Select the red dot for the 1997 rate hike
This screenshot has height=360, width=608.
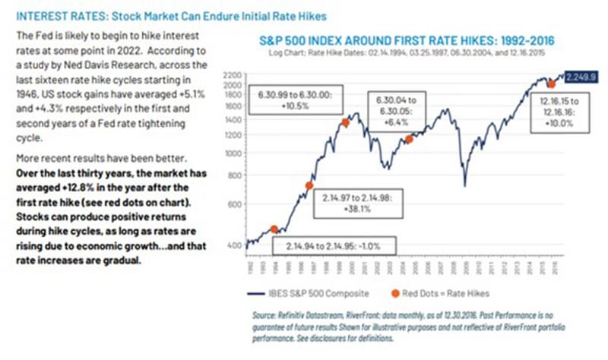[309, 185]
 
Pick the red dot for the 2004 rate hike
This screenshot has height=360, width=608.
[409, 139]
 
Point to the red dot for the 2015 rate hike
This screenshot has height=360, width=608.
[552, 84]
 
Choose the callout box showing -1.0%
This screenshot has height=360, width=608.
[333, 247]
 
